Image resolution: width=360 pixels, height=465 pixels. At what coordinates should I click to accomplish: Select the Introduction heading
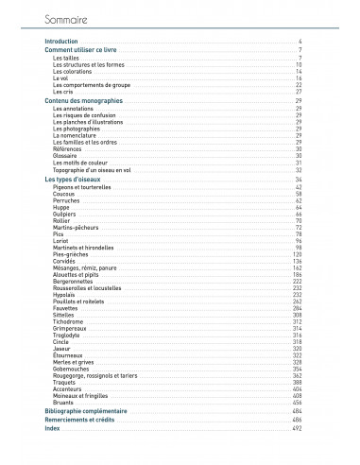(x=61, y=43)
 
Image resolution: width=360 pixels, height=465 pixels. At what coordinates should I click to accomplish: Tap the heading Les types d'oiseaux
(x=74, y=179)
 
